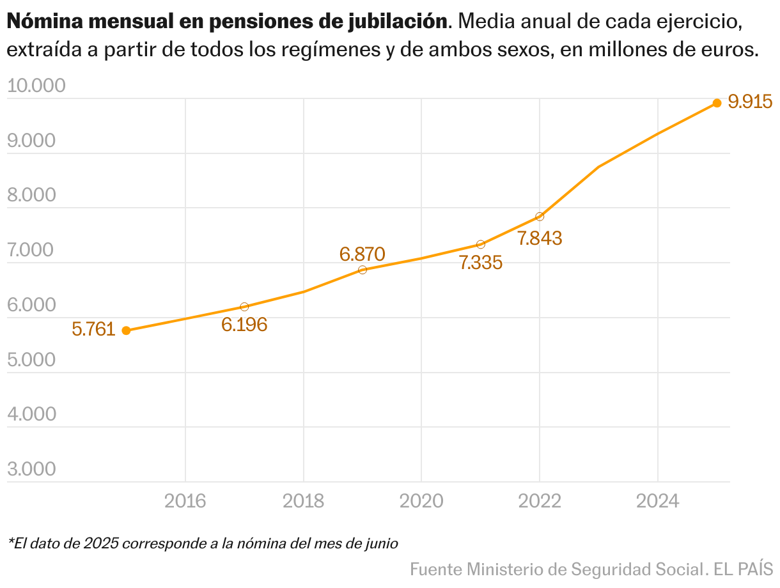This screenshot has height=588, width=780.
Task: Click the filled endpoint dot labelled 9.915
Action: (717, 103)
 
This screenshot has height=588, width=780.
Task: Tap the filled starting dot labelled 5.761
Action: (126, 330)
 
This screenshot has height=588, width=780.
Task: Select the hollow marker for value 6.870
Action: (363, 270)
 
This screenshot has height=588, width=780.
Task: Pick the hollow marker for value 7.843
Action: (540, 217)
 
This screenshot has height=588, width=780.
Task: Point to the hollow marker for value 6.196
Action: (244, 307)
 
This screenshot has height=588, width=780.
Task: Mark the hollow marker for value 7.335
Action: (481, 244)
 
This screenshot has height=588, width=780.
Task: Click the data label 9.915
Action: (751, 102)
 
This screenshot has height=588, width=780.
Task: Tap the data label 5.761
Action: (93, 330)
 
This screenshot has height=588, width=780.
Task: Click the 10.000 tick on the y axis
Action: (36, 86)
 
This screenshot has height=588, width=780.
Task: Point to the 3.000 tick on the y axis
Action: (32, 470)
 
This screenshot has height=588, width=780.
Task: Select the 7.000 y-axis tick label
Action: (32, 250)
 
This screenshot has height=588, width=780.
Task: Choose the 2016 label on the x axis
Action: (185, 501)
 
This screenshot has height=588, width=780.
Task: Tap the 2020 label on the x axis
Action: (421, 501)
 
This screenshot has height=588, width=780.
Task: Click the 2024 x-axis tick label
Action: (658, 501)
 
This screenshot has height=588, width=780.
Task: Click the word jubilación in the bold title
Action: (396, 22)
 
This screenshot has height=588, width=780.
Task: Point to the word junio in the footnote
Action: (381, 544)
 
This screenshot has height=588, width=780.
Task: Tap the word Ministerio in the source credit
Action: (506, 568)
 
